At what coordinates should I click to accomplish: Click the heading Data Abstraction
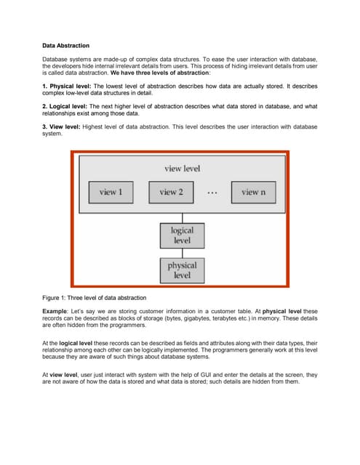(x=65, y=45)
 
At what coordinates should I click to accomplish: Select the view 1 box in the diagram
(x=110, y=193)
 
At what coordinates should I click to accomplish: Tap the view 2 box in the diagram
(x=171, y=193)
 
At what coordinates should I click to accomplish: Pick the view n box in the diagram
(x=253, y=193)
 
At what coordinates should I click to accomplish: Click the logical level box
(x=182, y=235)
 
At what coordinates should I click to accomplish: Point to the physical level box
(x=182, y=271)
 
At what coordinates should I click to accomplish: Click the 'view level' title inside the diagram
(x=182, y=169)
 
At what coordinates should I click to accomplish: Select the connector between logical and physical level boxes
(x=182, y=253)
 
